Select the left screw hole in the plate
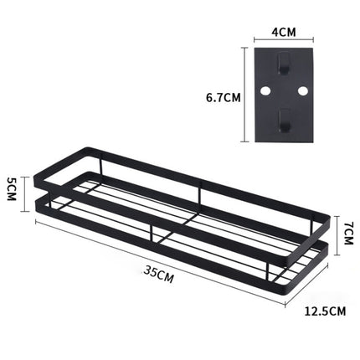point(267,90)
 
